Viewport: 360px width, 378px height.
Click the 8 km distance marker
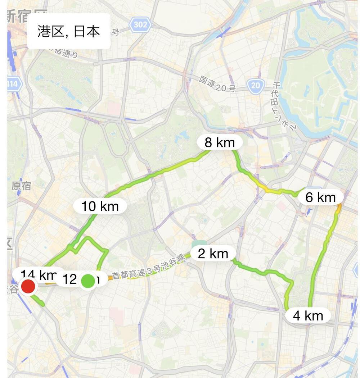[220, 143]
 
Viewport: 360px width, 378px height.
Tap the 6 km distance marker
[320, 197]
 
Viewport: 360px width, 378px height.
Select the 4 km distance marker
[308, 316]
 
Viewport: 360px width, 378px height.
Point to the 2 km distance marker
[213, 254]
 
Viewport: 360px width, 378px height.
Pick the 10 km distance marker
[100, 206]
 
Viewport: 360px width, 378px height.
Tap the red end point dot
[28, 287]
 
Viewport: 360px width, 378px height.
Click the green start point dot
[87, 281]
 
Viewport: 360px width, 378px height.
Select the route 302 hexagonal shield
[140, 25]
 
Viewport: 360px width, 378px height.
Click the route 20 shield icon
[256, 85]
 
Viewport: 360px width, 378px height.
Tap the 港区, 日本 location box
[69, 31]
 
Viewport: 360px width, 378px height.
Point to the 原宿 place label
[21, 186]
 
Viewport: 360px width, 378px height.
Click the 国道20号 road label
[218, 83]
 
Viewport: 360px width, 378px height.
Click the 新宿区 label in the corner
[25, 16]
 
